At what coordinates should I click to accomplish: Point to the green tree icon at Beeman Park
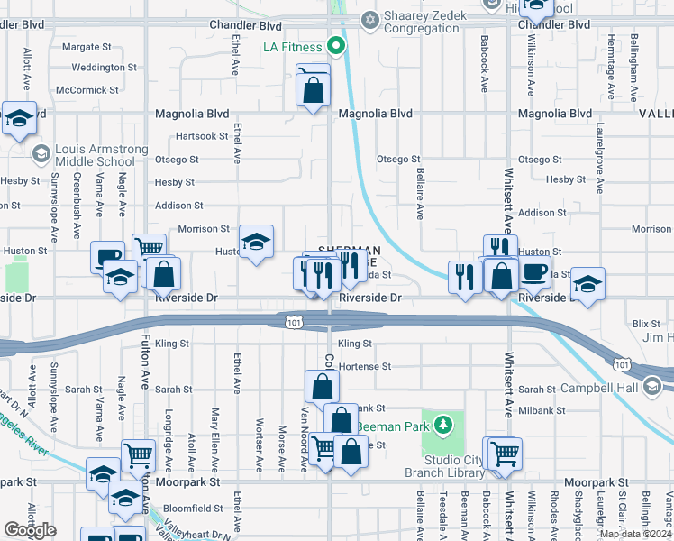point(442,424)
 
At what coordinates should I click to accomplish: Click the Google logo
point(30,530)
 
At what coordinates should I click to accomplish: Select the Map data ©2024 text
point(635,534)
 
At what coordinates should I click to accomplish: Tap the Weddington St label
point(104,67)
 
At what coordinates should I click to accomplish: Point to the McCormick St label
point(87,90)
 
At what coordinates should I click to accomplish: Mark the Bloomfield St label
point(193,508)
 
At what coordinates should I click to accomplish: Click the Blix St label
point(645,322)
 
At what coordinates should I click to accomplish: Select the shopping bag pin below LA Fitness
point(313,89)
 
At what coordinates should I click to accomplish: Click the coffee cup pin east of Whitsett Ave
point(534,271)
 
